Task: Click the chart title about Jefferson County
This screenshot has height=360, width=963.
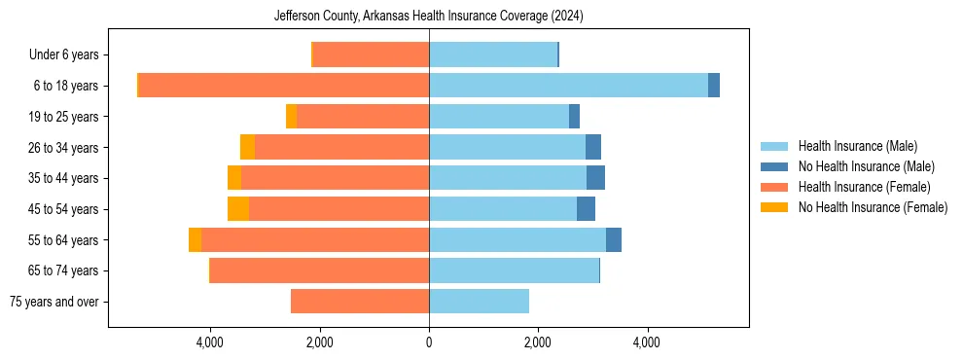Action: click(x=429, y=16)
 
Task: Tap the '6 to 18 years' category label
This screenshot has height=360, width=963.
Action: click(x=66, y=86)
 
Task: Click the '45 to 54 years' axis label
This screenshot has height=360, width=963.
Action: click(x=64, y=209)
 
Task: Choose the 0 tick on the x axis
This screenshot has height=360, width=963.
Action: click(x=429, y=342)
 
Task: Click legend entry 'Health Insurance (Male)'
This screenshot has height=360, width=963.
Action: click(x=857, y=146)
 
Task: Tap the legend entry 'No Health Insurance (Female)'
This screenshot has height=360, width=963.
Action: click(x=873, y=207)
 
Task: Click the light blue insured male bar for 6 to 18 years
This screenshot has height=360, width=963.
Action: click(x=568, y=86)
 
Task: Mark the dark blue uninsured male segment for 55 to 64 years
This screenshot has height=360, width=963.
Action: click(x=614, y=240)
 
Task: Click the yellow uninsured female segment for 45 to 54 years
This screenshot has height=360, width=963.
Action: click(x=238, y=209)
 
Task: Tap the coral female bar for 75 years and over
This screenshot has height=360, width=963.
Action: click(x=360, y=302)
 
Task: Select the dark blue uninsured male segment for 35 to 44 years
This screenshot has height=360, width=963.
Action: click(x=595, y=178)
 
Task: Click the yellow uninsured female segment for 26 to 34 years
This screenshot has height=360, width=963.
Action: click(x=247, y=148)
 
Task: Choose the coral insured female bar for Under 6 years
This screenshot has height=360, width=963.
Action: click(x=372, y=55)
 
